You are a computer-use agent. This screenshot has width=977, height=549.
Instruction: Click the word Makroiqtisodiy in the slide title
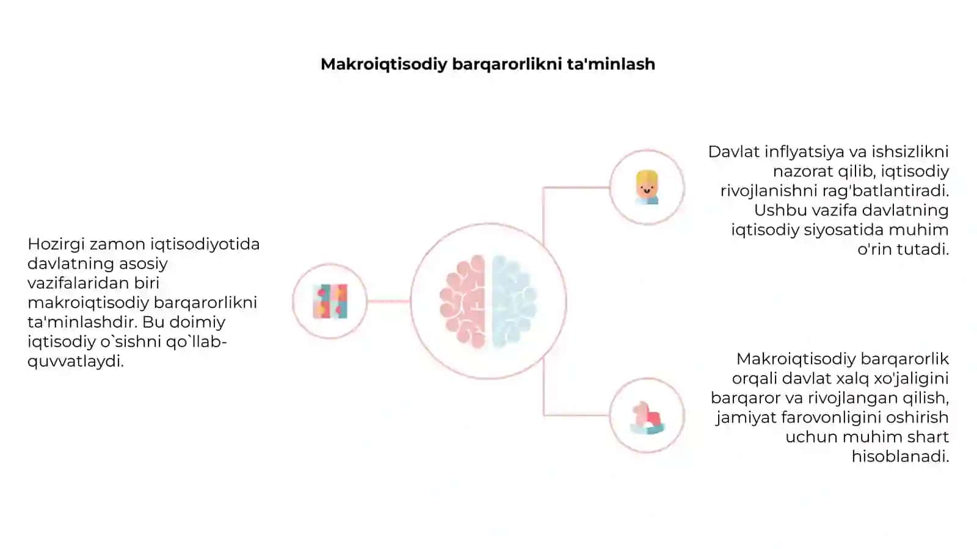(x=384, y=65)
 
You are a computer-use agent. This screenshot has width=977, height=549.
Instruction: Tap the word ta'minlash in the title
(x=611, y=63)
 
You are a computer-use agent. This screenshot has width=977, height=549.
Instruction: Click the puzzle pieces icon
(x=330, y=301)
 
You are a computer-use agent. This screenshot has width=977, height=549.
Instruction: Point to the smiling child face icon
(x=647, y=187)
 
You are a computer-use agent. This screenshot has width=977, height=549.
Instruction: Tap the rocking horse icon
(x=647, y=417)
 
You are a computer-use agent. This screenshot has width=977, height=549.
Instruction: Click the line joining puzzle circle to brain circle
(x=388, y=301)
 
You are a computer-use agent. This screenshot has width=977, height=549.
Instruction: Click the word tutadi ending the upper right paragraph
(x=924, y=249)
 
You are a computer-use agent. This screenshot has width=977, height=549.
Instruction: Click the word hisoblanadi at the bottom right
(x=900, y=456)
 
